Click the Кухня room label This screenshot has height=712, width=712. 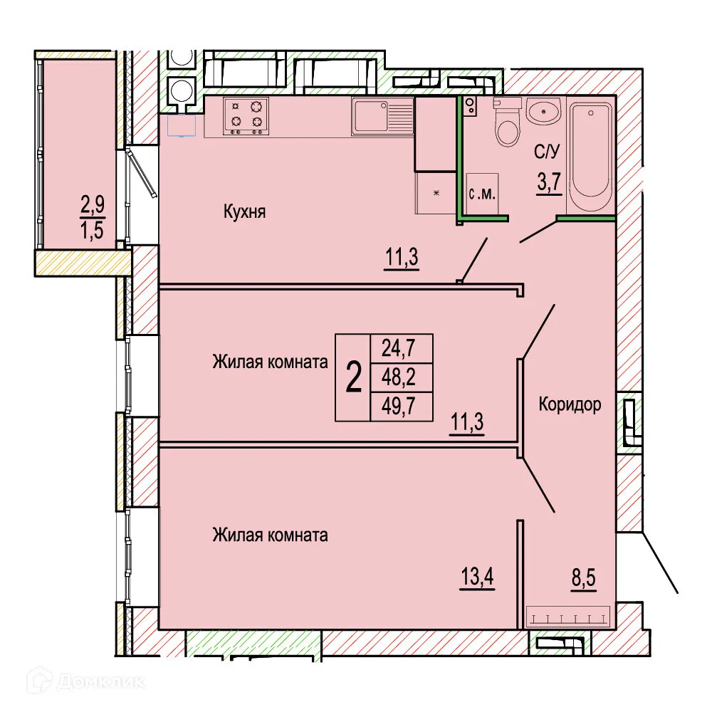coord(244,211)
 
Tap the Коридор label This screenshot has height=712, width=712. coord(570,405)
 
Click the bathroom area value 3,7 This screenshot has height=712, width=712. coord(550,183)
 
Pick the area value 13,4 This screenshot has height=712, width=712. coord(476,574)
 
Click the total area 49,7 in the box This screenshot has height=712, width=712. coord(402,407)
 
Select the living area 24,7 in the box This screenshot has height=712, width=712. coord(402,348)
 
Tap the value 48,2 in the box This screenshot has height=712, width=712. coord(402,377)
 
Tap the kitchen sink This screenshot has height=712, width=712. coord(382,116)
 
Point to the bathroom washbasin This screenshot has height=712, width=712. coord(544,111)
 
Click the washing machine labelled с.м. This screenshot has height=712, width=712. coord(485,193)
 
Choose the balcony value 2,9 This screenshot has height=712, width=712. coord(92,206)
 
